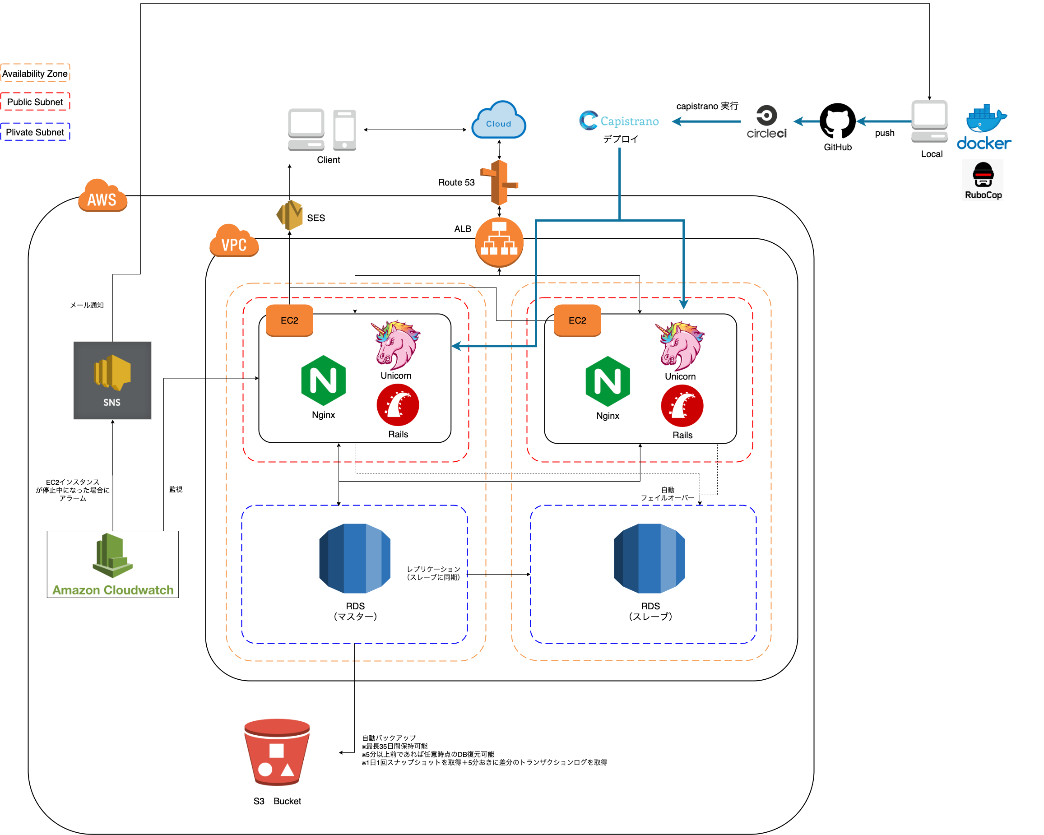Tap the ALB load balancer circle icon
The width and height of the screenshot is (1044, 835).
(x=499, y=242)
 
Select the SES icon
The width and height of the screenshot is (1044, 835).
(x=290, y=215)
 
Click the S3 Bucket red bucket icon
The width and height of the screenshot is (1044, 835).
(x=277, y=751)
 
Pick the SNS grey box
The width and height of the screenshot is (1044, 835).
(x=112, y=380)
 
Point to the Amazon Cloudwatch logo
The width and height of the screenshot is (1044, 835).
(x=113, y=564)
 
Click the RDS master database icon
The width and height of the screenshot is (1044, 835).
(x=355, y=558)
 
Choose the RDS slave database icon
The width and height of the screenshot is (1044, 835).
(x=650, y=558)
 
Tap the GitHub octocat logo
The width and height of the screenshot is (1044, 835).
(x=837, y=121)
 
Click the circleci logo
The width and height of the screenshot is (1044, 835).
(x=766, y=122)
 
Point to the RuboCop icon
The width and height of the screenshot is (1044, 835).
(x=983, y=180)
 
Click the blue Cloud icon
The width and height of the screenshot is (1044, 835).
(x=499, y=120)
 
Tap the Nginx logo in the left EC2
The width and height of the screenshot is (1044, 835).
(x=324, y=380)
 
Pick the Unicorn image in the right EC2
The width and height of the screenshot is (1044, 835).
(x=680, y=345)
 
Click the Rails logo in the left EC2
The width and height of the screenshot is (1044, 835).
(x=398, y=405)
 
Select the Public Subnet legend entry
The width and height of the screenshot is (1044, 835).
(x=35, y=102)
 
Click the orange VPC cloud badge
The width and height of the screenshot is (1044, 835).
(x=234, y=241)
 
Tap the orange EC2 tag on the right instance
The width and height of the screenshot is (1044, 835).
(x=577, y=320)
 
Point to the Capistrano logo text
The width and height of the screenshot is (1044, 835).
(x=619, y=121)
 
